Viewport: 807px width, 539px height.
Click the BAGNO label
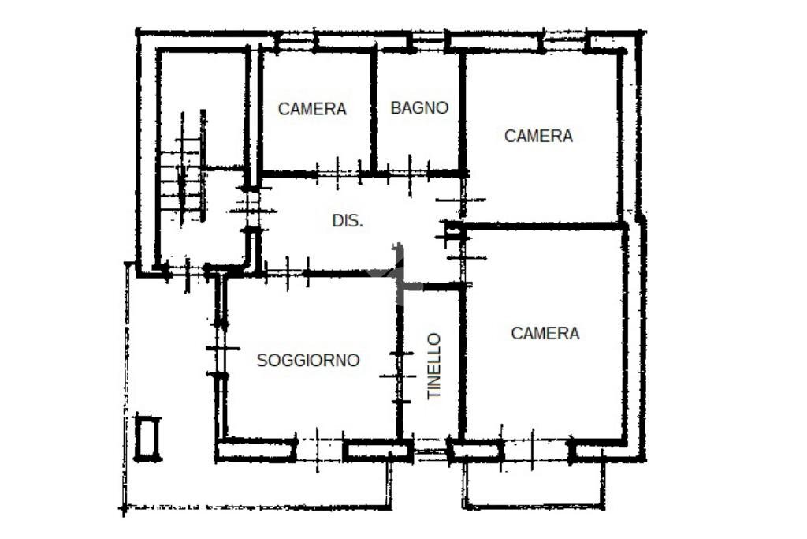[419, 108]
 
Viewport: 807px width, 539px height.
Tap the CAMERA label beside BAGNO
[312, 109]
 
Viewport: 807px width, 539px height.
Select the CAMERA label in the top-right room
[538, 136]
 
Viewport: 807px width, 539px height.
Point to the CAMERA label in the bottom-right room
[545, 333]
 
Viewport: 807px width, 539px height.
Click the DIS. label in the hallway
[348, 222]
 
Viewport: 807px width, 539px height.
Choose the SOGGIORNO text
[308, 361]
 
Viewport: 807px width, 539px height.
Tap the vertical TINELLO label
[434, 365]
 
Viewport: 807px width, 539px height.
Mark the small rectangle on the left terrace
[147, 438]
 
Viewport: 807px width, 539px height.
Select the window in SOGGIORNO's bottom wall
[319, 449]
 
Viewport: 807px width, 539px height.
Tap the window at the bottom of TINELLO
[430, 450]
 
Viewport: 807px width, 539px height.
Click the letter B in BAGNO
[396, 108]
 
